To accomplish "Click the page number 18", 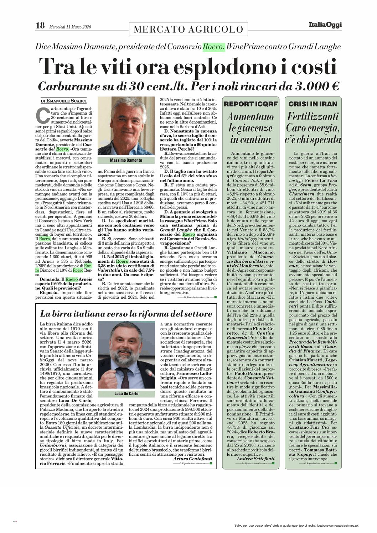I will point(40,25).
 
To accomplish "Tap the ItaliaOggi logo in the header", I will point(325,25).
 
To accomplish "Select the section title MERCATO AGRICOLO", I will point(188,29).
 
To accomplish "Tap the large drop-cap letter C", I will point(42,115).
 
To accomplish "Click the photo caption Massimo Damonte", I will point(126,160).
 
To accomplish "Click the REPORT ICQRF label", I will point(251,104).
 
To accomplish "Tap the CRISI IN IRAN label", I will point(313,104).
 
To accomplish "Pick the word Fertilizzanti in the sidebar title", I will point(313,117).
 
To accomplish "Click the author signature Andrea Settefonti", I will point(255,459).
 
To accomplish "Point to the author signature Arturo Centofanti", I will point(192,459).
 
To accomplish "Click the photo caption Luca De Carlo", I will point(126,393).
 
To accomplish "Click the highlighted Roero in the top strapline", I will point(214,47).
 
